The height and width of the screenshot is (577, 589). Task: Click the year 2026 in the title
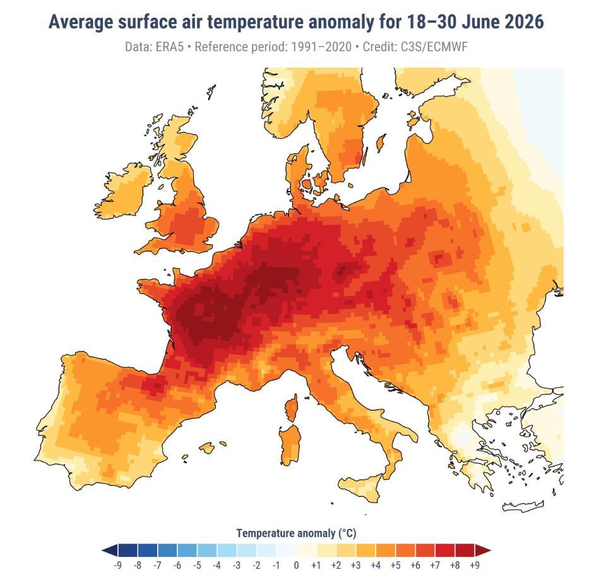coord(524,22)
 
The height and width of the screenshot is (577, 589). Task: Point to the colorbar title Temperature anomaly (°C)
coord(296,533)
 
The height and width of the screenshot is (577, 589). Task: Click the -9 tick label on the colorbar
coord(117,565)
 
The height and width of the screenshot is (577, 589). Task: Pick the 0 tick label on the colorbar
coord(296,565)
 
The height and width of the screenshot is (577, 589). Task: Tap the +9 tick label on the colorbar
coord(475,565)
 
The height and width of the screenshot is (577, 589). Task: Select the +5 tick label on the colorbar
coord(395,565)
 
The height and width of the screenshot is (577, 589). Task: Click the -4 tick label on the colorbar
coord(217,565)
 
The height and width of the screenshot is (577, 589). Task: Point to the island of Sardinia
coord(290,445)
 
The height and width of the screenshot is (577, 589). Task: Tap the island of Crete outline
coord(523,506)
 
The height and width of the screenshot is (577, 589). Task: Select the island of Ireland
coord(124,191)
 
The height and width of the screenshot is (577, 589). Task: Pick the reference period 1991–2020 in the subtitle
coord(321,47)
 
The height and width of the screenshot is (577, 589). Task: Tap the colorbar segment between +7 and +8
coord(445,551)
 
